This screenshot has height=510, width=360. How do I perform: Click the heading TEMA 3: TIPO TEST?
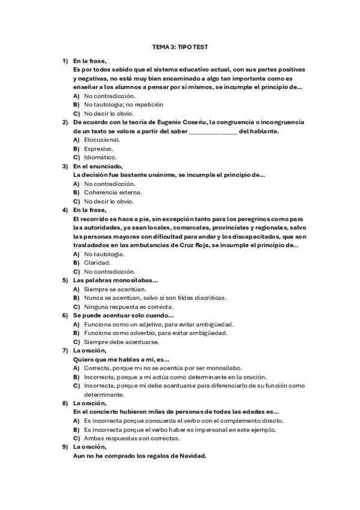pos(180,46)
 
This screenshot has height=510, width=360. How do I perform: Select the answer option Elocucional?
pos(102,140)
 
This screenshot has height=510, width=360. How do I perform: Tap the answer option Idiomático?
pos(100,157)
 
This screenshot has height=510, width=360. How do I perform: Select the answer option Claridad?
pos(97,262)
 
